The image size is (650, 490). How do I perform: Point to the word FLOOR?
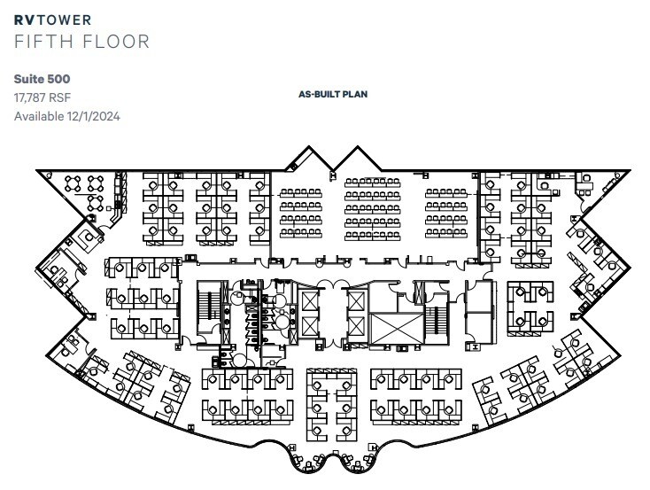pos(117,41)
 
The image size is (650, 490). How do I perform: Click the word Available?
pos(39,116)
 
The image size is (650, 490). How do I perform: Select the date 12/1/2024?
pos(95,116)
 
